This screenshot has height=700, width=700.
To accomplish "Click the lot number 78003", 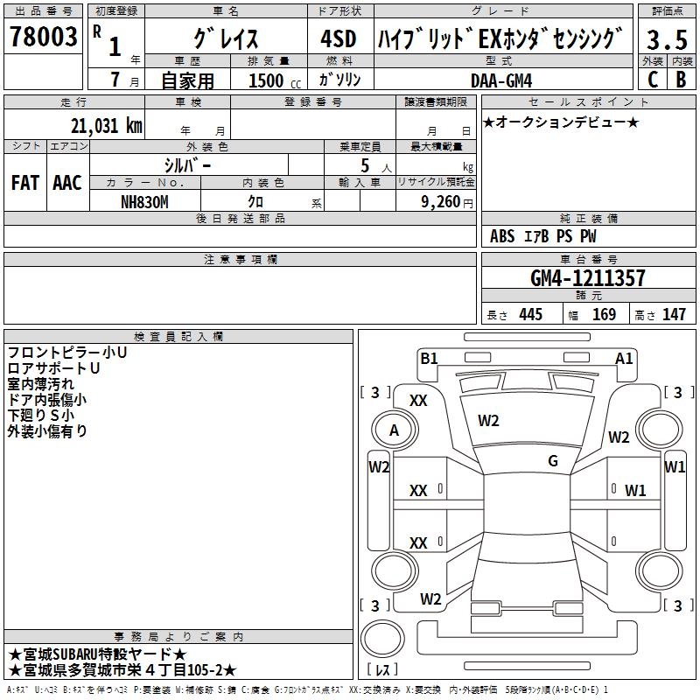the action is pyautogui.click(x=42, y=38).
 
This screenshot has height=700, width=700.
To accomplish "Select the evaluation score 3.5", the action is pyautogui.click(x=667, y=39).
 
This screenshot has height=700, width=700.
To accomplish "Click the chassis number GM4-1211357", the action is pyautogui.click(x=588, y=279).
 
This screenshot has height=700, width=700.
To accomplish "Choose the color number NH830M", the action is pyautogui.click(x=145, y=201).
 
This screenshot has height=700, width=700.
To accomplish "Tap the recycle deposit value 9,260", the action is pyautogui.click(x=434, y=201).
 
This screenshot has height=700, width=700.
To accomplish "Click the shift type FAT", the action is pyautogui.click(x=25, y=183).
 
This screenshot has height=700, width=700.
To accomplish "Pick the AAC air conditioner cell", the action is pyautogui.click(x=67, y=183).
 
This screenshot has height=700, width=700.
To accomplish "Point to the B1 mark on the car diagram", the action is pyautogui.click(x=429, y=358).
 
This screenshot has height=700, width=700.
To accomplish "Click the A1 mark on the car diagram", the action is pyautogui.click(x=624, y=358).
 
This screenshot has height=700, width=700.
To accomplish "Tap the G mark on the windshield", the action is pyautogui.click(x=553, y=461).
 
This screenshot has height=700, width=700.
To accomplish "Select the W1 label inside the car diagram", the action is pyautogui.click(x=634, y=490).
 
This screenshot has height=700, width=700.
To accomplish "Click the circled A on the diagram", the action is pyautogui.click(x=394, y=430).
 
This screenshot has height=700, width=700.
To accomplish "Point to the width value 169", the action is pyautogui.click(x=604, y=315).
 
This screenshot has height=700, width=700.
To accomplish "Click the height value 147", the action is pyautogui.click(x=674, y=315).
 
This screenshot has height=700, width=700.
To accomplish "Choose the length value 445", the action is pyautogui.click(x=530, y=315).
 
